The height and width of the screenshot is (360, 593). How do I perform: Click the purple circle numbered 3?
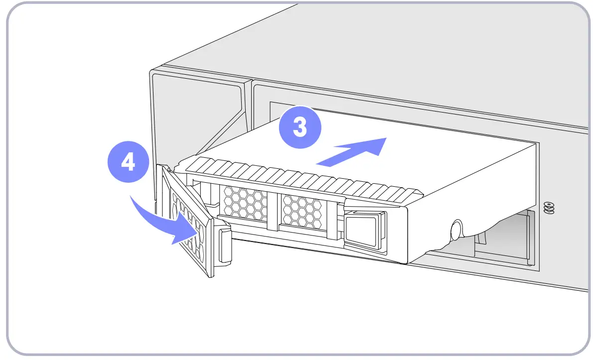click(299, 127)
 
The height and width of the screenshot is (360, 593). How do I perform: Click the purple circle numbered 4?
click(129, 163)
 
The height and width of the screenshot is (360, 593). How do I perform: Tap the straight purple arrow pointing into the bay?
click(351, 151)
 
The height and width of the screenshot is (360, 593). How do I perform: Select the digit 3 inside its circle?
click(299, 127)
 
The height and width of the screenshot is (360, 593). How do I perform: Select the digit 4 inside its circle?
click(129, 163)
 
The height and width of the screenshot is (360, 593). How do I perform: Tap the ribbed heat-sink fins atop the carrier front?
click(299, 177)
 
